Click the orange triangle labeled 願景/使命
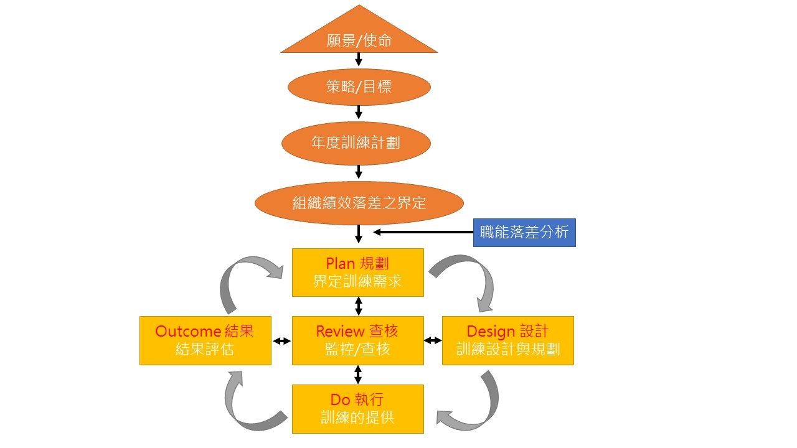(x=359, y=37)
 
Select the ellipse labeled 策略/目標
(x=359, y=87)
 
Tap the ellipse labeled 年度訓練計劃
(x=356, y=143)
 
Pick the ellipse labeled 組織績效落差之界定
(x=359, y=203)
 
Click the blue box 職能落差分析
(x=524, y=233)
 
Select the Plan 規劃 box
(x=358, y=273)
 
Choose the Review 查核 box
(x=358, y=340)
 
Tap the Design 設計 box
(x=507, y=340)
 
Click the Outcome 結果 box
(x=205, y=340)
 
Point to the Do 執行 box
(x=358, y=409)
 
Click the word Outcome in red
(x=188, y=331)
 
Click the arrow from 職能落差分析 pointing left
(x=423, y=233)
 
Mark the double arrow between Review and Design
(x=433, y=340)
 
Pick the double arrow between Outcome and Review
(x=281, y=341)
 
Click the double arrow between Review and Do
(x=358, y=375)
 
